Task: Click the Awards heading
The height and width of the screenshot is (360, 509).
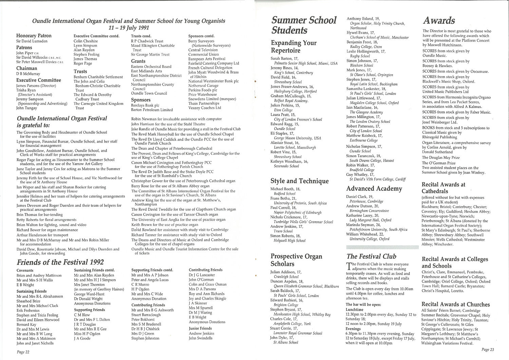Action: point(439,21)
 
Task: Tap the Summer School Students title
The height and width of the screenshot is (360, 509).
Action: point(304,25)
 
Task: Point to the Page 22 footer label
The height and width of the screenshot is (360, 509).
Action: point(23,352)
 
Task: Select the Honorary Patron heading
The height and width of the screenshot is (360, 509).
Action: point(34,36)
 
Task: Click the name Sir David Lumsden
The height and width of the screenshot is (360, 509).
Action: point(32,41)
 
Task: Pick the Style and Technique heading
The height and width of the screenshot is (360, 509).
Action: point(300,181)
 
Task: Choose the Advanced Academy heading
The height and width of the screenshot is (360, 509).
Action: point(374,188)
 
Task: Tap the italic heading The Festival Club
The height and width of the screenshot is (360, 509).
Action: point(371,256)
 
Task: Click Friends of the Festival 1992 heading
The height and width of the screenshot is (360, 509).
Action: point(60,262)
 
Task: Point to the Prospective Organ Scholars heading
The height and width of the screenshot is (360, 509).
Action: point(297,260)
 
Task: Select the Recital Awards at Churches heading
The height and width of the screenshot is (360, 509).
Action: point(456,304)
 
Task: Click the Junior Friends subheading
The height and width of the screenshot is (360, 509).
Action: point(200,328)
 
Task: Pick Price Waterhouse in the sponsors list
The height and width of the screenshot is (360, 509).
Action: point(203,94)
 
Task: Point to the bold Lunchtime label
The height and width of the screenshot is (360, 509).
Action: point(355,310)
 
